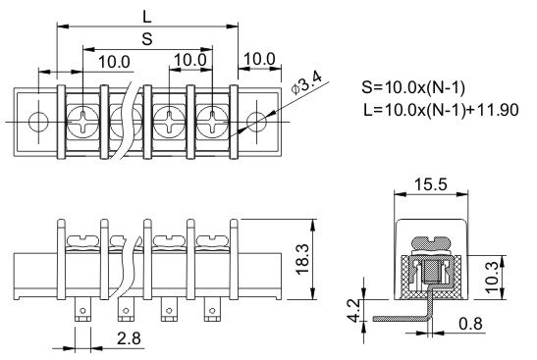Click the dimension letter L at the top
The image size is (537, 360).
147,16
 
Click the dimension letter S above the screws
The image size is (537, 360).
147,39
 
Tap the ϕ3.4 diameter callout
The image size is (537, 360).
306,83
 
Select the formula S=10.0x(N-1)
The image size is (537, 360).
413,88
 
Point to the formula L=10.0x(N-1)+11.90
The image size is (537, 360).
441,110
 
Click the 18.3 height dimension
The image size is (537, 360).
302,259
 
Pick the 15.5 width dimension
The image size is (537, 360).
431,184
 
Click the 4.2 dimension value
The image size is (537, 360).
353,310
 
